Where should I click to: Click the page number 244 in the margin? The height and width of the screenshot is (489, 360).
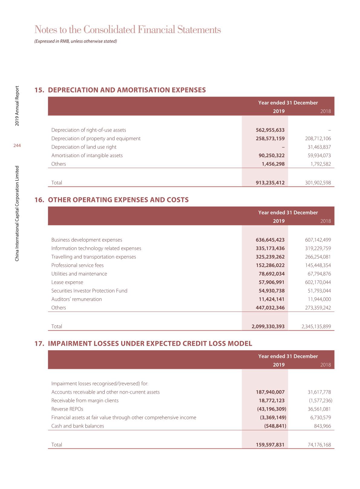[17, 146]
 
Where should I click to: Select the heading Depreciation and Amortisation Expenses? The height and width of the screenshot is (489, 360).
[127, 90]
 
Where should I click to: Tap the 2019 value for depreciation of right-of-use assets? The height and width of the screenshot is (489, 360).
[270, 130]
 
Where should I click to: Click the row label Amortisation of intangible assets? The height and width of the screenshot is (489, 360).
[87, 155]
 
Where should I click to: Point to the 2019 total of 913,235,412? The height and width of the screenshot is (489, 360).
[270, 183]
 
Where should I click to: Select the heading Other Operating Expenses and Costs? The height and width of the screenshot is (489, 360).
[118, 200]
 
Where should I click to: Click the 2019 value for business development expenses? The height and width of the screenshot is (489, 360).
[270, 240]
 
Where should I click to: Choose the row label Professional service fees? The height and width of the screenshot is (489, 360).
[77, 265]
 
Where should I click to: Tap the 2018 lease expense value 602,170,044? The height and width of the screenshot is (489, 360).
[318, 282]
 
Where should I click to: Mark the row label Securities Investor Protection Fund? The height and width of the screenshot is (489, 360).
[89, 291]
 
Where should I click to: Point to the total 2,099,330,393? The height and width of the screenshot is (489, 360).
[268, 326]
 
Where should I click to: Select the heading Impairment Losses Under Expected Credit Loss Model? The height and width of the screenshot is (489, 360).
[150, 344]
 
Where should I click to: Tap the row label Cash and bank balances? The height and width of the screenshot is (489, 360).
[78, 426]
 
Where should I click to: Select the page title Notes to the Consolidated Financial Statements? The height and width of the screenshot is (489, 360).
[128, 30]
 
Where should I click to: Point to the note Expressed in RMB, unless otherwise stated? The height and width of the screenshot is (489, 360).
[76, 41]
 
